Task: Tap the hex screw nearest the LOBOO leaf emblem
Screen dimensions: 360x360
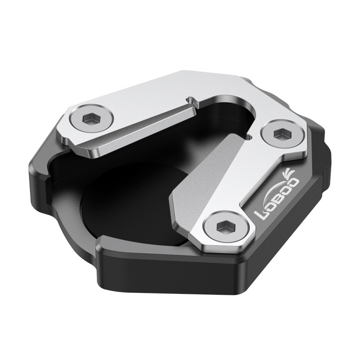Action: [x=280, y=134]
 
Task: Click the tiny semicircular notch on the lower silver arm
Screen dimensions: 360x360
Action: [x=249, y=135]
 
